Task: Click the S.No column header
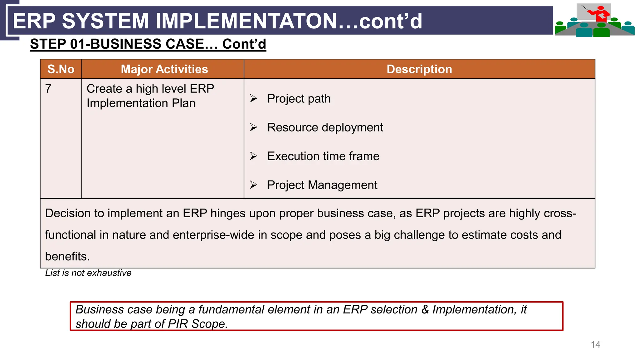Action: [61, 69]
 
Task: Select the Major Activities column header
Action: [164, 69]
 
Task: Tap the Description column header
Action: [419, 69]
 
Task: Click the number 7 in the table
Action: [48, 89]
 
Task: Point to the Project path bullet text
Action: [299, 99]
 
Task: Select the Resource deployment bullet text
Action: [325, 127]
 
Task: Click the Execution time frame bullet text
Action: [323, 156]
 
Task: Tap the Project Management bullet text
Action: [322, 185]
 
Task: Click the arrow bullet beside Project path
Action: [253, 99]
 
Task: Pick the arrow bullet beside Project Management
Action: [253, 185]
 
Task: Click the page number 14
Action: [595, 344]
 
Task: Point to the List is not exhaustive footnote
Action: [88, 273]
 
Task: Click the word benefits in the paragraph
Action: [67, 256]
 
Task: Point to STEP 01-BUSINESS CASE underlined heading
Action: [148, 44]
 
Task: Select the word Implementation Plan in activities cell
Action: [141, 103]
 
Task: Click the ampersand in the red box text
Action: [425, 309]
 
